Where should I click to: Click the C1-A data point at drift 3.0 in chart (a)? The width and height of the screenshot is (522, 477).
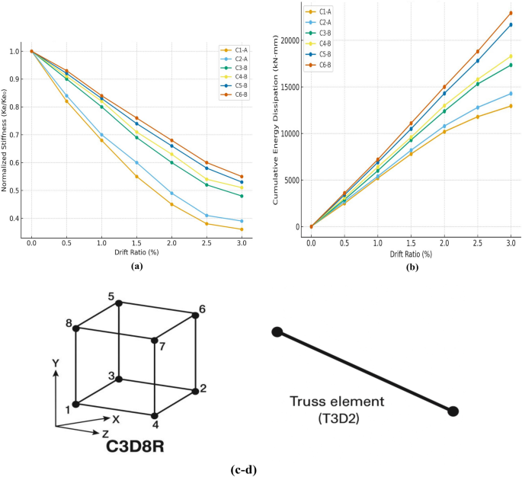tap(242, 229)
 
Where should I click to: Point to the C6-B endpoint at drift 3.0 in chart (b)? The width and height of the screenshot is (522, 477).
tap(511, 13)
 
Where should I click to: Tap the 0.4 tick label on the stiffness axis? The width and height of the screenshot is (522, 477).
tap(16, 219)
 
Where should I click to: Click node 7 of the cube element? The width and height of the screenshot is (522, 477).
tap(154, 341)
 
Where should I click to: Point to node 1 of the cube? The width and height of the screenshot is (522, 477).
tap(75, 404)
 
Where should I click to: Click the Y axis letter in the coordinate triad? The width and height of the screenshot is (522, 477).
tap(56, 365)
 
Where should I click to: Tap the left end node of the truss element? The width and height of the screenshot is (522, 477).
tap(277, 331)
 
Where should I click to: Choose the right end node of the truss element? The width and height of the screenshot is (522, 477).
tap(453, 411)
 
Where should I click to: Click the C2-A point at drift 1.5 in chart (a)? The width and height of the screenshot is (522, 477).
tap(136, 162)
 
